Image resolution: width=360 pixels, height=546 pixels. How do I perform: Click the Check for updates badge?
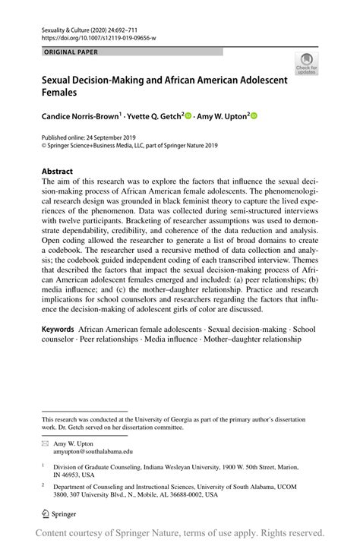[x=308, y=63]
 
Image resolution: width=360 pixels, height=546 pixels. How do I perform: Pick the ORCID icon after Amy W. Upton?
[x=254, y=116]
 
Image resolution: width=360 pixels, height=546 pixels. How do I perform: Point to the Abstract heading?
[x=58, y=171]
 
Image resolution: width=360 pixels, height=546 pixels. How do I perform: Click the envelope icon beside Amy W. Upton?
[x=45, y=441]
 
